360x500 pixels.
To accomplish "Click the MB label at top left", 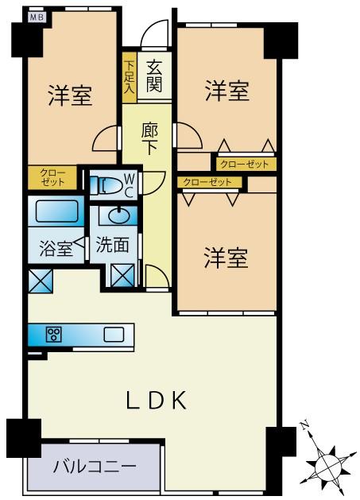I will click(37, 15).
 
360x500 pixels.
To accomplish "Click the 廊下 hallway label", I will click(149, 138).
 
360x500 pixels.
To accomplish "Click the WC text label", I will click(129, 185).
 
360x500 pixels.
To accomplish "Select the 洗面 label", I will click(112, 246).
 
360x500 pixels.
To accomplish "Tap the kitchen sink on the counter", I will click(113, 335).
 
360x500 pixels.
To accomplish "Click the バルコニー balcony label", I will click(95, 467).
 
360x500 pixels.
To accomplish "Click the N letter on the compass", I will click(305, 427).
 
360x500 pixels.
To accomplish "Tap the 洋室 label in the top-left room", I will click(70, 96).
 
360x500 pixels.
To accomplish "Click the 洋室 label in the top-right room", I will click(227, 91).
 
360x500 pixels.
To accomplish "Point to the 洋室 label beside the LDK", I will click(226, 258).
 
